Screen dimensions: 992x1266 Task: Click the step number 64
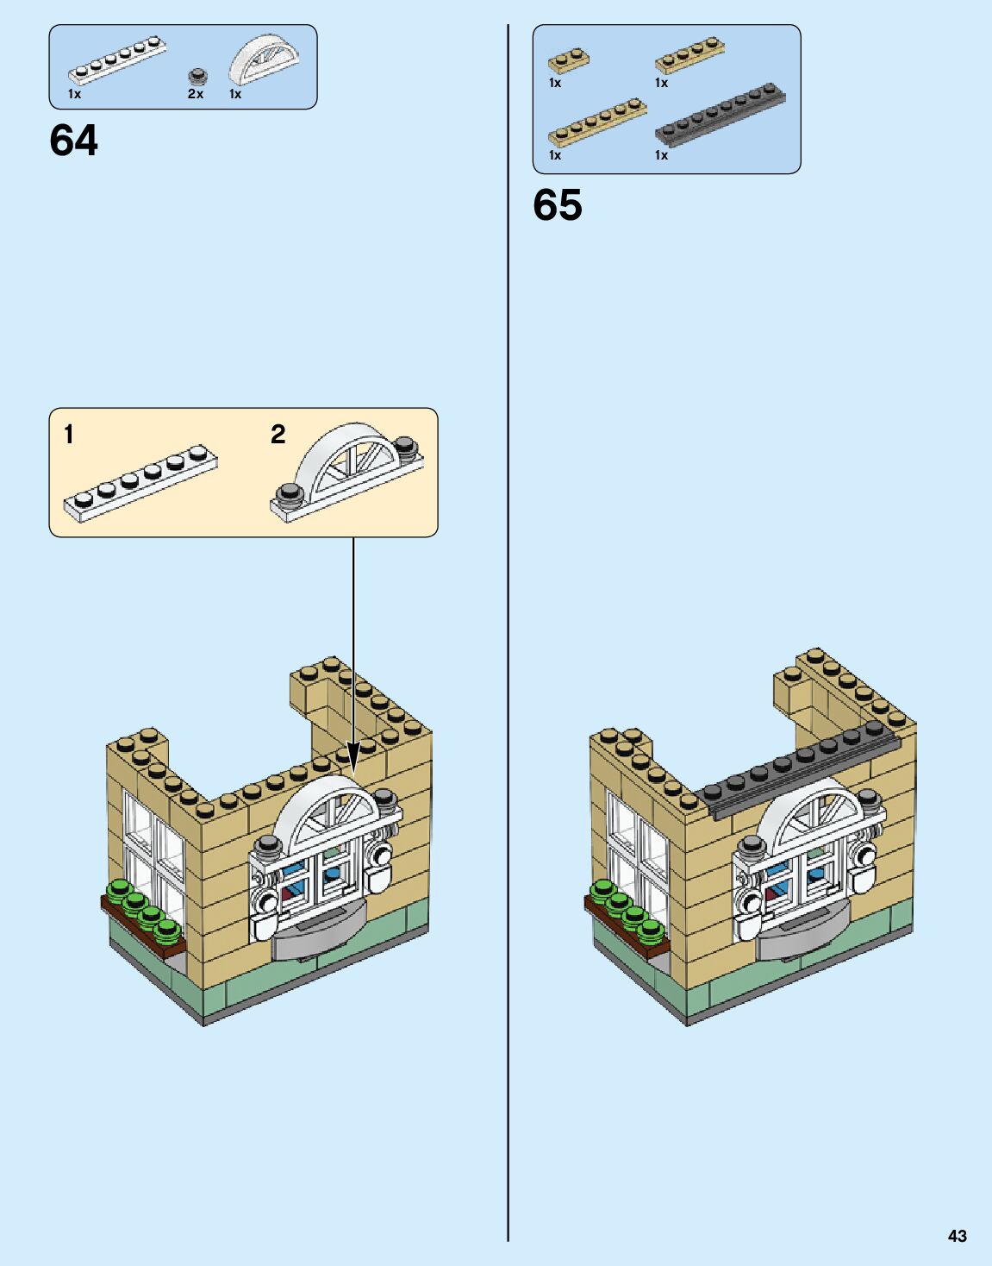74,141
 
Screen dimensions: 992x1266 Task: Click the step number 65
558,205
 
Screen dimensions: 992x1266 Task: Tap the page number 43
957,1236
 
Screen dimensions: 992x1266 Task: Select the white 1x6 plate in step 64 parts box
117,60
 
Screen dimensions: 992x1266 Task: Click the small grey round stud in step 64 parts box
197,76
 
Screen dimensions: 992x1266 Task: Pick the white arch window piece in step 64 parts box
265,59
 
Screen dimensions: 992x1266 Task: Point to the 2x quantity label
196,94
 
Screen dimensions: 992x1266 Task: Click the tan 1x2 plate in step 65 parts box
568,60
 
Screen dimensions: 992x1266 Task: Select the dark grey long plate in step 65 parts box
720,113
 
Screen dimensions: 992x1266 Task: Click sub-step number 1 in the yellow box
69,434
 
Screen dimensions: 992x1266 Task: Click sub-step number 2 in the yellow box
278,434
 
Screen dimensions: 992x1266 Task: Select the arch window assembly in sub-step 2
346,471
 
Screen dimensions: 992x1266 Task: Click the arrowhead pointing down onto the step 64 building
353,759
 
